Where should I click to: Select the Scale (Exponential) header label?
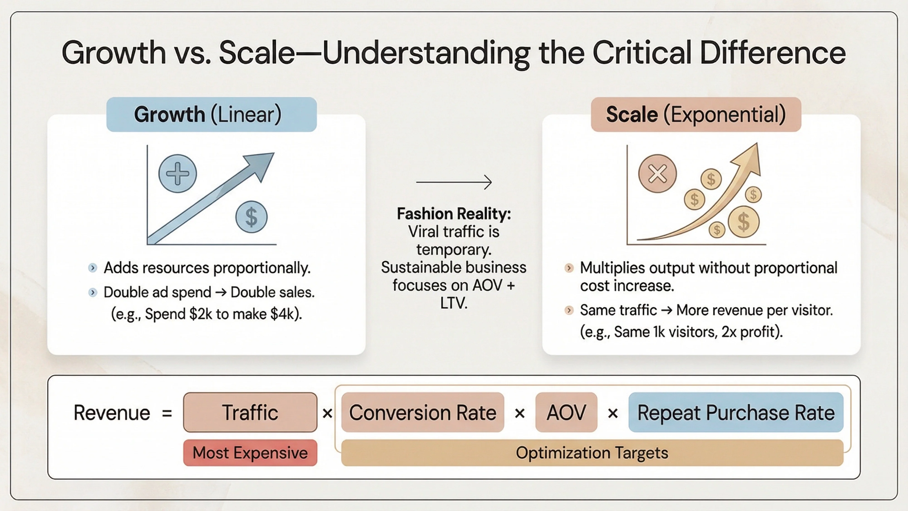coord(696,115)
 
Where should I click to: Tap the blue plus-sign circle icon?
coord(177,174)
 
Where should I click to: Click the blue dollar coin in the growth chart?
coord(251,216)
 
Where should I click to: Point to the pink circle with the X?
coord(657,174)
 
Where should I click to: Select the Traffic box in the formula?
coord(250,412)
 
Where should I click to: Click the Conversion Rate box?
coord(423,412)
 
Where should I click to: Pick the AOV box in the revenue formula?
coord(566,412)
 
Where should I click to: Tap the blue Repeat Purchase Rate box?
coord(736,412)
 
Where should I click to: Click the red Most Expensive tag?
coord(250,452)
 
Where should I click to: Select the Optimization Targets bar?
coord(592,452)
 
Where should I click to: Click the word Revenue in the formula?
coord(112,413)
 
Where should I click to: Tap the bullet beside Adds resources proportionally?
coord(93,268)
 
